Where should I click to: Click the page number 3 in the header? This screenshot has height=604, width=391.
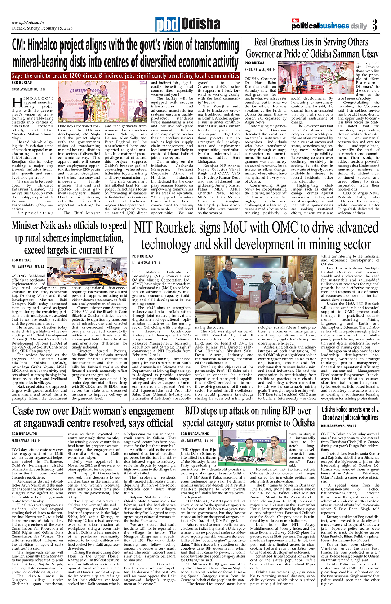[374, 25]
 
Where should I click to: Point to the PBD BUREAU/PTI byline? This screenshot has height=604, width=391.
[26, 434]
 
